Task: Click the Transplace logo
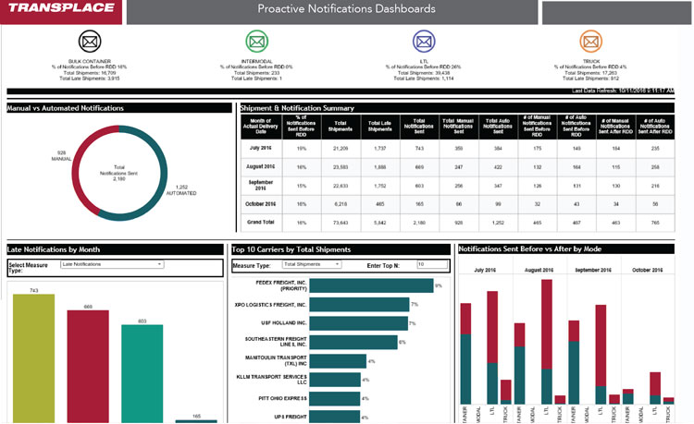[59, 11]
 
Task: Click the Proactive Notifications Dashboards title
[347, 10]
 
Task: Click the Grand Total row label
[260, 223]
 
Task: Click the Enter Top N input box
[433, 264]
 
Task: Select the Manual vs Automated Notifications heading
[66, 108]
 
